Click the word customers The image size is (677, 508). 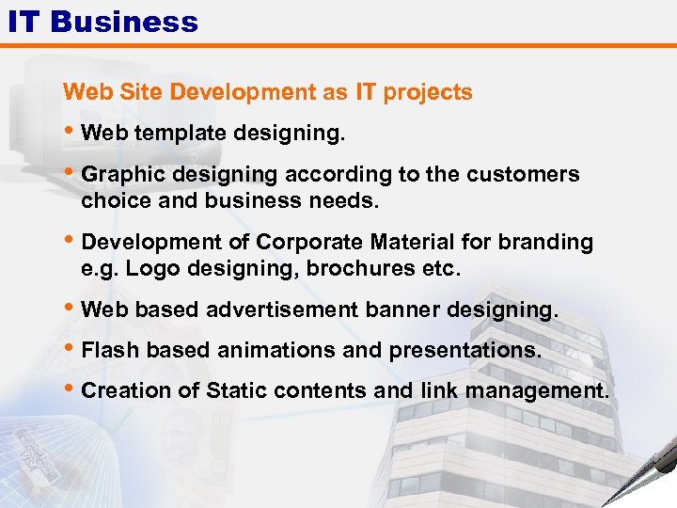point(532,175)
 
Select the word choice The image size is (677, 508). point(111,201)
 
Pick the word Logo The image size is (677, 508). point(145,269)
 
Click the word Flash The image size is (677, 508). point(108,350)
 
